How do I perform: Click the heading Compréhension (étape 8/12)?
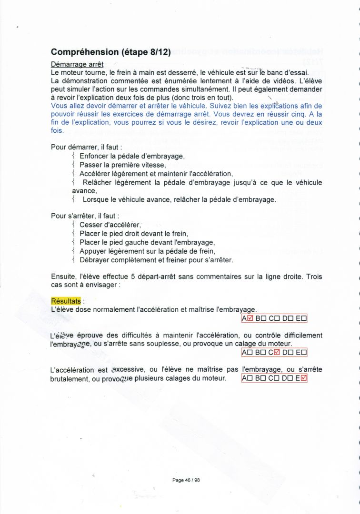(110, 52)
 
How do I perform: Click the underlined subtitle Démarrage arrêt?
(77, 64)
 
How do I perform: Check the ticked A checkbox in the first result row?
(250, 318)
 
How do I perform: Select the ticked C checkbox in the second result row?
(277, 353)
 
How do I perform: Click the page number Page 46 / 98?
(186, 480)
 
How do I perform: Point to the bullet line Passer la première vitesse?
(122, 165)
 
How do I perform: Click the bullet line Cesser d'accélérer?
(110, 225)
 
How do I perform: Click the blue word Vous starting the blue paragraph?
(59, 106)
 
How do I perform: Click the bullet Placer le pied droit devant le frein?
(133, 234)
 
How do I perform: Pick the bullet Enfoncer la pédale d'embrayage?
(132, 156)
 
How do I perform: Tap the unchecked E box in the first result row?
(304, 318)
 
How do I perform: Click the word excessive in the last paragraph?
(127, 369)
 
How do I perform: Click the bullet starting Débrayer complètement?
(156, 260)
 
